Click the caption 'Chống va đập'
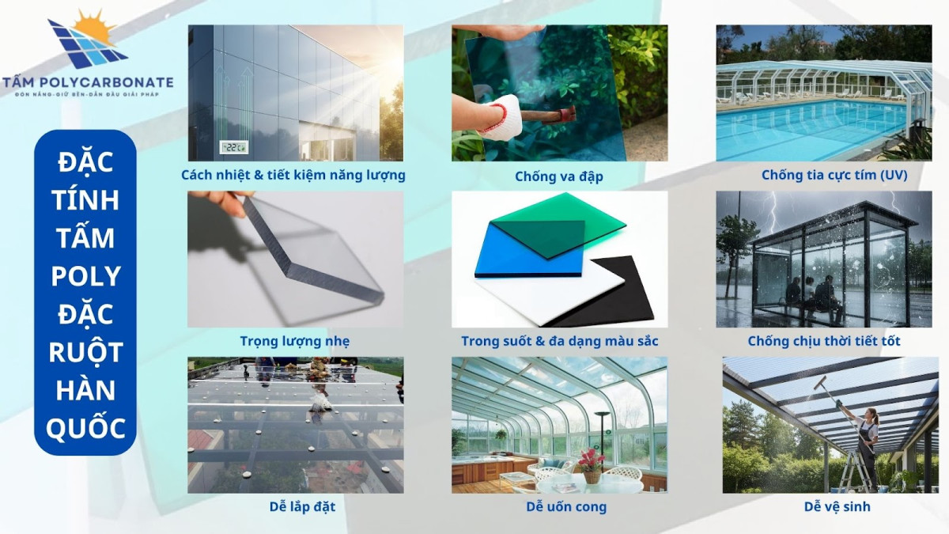559,176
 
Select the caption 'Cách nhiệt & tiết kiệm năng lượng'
293,175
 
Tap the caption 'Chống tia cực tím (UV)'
823,175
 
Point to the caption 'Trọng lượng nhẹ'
295,341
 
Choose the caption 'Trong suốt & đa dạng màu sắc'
560,341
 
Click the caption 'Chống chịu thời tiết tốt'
824,341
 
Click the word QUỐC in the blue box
86,428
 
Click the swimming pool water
807,127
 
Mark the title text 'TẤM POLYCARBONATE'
87,81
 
